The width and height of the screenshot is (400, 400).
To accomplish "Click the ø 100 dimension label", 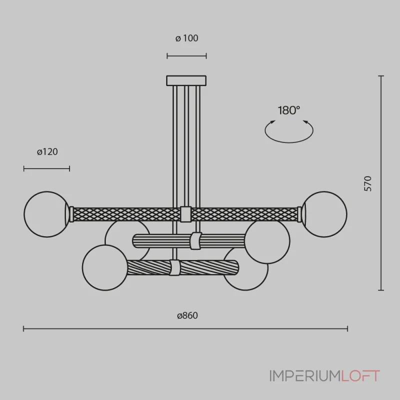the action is coord(186,38).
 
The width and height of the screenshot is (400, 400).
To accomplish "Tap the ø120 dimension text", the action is coord(47,152).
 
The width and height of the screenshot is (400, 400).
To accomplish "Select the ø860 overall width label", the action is coord(187,315).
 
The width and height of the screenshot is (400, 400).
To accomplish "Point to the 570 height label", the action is coord(367,183).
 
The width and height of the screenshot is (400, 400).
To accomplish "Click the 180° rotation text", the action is coord(289,110).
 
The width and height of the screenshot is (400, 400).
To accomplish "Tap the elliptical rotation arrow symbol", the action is coord(289,131).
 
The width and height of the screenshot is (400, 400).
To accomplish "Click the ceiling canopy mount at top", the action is coord(186,80).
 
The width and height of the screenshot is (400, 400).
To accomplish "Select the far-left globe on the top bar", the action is coord(46,214).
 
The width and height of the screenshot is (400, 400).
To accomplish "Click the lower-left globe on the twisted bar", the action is coord(105,267).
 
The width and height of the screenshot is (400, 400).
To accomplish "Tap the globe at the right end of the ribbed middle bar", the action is coord(267,241).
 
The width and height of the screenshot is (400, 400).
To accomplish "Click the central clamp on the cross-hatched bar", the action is coord(185,214).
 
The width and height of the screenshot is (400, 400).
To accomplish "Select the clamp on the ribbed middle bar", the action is coord(196,241).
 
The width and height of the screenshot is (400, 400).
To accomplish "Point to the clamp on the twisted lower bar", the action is coord(174,267).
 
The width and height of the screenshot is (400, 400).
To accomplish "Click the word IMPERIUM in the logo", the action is coord(305,376).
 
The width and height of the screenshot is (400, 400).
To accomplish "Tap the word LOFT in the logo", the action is coord(360,376).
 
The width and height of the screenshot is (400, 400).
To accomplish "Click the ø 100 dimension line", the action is coord(186,56).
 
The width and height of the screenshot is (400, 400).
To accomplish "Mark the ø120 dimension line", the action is coord(46,168).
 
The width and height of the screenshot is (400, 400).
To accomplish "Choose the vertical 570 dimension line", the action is coord(381,183).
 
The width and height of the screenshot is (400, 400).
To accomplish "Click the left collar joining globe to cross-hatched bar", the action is coord(71,214).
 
